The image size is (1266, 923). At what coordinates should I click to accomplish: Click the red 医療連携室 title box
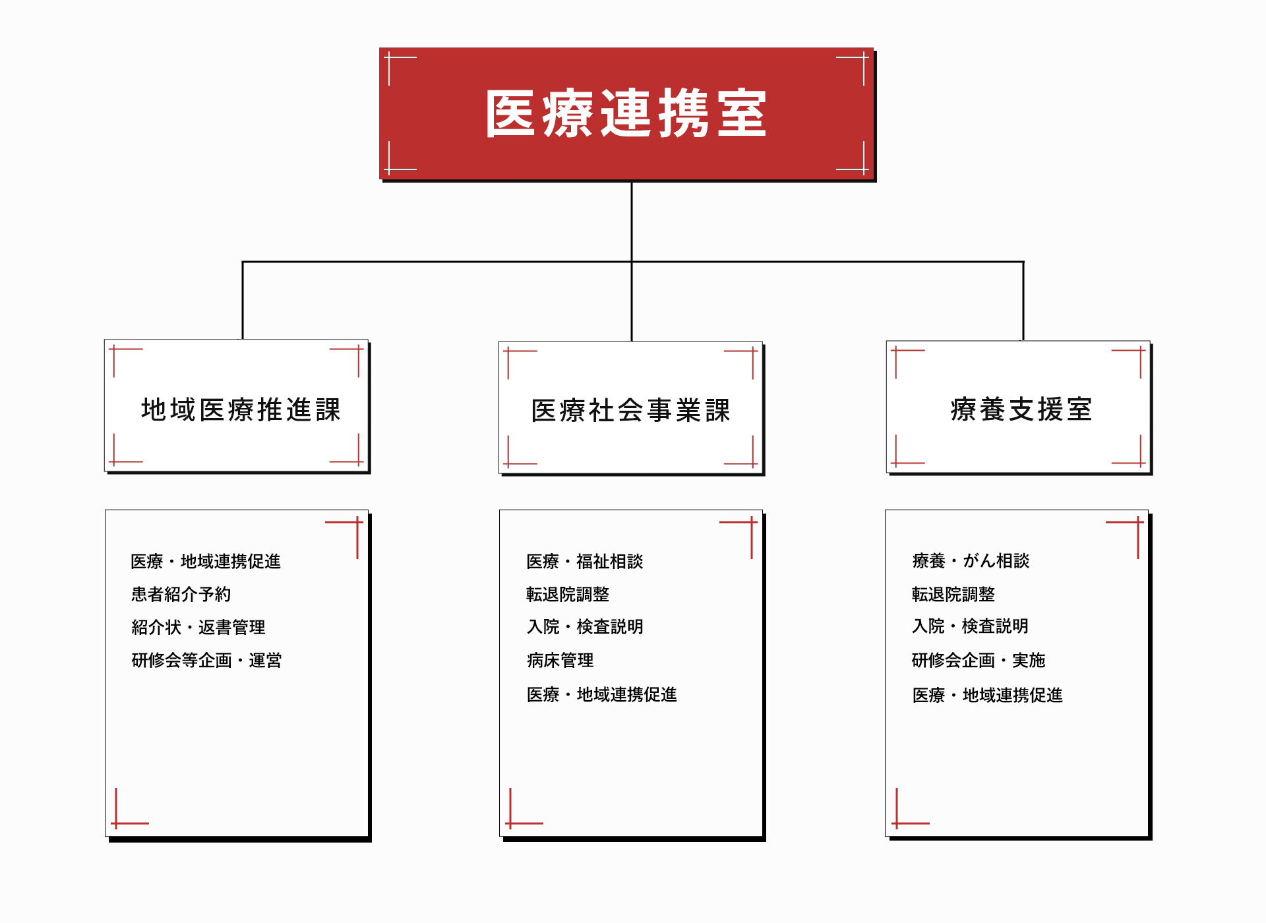tap(626, 113)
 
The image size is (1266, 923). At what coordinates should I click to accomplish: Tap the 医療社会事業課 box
tap(630, 407)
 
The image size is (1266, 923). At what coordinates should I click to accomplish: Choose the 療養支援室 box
tap(1018, 407)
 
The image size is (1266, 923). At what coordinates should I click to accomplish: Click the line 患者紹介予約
tap(181, 594)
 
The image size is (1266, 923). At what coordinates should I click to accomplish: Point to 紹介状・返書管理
tap(198, 627)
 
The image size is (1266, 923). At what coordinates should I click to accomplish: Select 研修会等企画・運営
tap(206, 660)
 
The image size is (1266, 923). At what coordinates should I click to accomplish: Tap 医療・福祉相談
tap(584, 561)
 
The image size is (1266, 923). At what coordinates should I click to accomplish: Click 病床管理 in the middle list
tap(560, 660)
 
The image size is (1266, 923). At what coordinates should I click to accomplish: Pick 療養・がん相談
tap(971, 560)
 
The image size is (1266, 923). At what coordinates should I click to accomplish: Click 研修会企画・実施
tap(979, 660)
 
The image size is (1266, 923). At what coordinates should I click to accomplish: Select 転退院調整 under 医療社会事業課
tap(568, 594)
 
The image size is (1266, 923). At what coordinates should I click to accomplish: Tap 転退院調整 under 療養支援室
tap(953, 594)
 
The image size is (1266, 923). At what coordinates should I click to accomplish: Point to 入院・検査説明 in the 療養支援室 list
tap(970, 626)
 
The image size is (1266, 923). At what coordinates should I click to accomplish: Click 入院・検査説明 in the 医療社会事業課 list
tap(585, 626)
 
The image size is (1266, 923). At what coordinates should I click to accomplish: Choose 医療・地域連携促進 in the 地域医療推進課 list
tap(206, 561)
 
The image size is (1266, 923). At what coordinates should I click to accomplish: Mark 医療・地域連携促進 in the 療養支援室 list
tap(987, 695)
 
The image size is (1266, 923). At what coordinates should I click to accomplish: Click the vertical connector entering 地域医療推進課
tap(243, 301)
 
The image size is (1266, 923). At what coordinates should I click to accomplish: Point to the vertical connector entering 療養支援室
tap(1023, 301)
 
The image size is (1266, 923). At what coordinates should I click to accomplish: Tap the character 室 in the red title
tap(742, 113)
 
